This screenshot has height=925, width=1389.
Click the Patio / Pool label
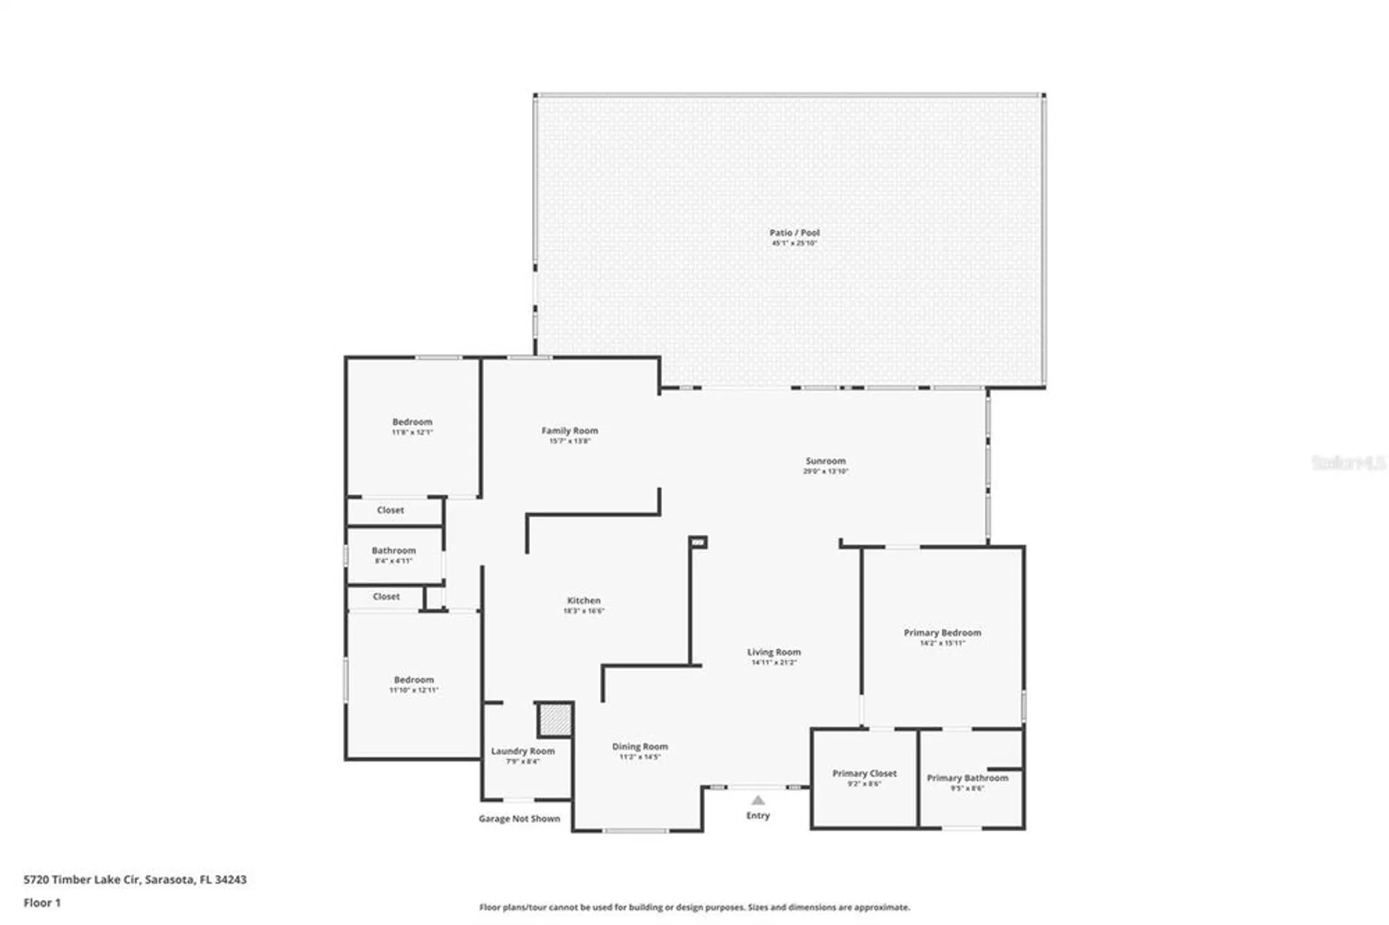(794, 233)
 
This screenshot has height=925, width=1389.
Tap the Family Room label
(569, 431)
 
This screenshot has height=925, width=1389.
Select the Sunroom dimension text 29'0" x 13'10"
(825, 472)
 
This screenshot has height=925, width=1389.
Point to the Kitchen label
(583, 600)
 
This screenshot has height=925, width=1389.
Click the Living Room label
(774, 652)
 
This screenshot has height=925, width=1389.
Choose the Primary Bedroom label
(942, 633)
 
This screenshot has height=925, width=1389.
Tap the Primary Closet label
(864, 773)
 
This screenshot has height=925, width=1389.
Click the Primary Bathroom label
(967, 778)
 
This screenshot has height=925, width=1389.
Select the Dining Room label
(640, 747)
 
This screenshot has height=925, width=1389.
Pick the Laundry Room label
(522, 751)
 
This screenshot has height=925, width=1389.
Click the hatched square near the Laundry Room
(555, 720)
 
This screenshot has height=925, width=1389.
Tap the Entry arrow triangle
(758, 800)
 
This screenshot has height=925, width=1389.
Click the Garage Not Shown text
(519, 819)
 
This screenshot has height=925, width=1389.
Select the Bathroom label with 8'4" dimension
(393, 550)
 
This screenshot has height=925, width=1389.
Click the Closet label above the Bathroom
(390, 510)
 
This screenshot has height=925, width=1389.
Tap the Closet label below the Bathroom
(385, 597)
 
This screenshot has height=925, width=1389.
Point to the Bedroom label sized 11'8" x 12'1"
(412, 422)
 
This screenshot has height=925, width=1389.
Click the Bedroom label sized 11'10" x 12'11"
(413, 680)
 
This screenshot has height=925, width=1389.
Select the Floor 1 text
(42, 903)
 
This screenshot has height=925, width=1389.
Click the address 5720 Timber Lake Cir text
(135, 879)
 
